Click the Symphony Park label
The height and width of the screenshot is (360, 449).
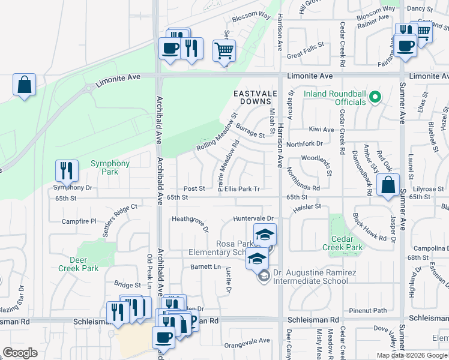click(110, 167)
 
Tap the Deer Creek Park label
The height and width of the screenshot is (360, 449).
click(78, 264)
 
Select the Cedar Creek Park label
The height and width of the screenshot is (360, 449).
click(343, 242)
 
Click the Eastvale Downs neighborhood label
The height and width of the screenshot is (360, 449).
click(254, 98)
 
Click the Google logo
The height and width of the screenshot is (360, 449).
click(20, 353)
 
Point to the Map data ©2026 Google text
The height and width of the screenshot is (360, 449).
click(412, 355)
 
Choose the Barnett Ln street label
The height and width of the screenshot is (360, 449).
click(205, 266)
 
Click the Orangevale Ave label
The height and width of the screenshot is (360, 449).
click(247, 341)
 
